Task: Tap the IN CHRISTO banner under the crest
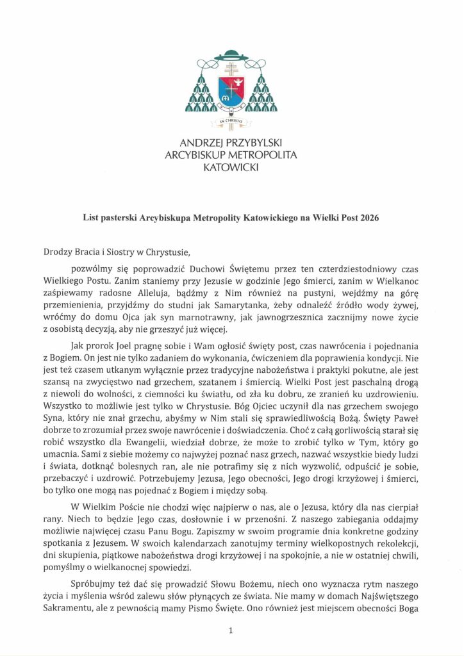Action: (231, 120)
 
